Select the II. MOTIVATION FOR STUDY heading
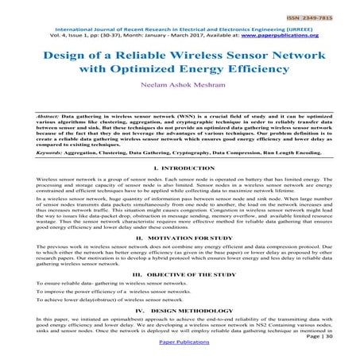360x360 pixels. coord(180,237)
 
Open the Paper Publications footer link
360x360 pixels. coord(180,355)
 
